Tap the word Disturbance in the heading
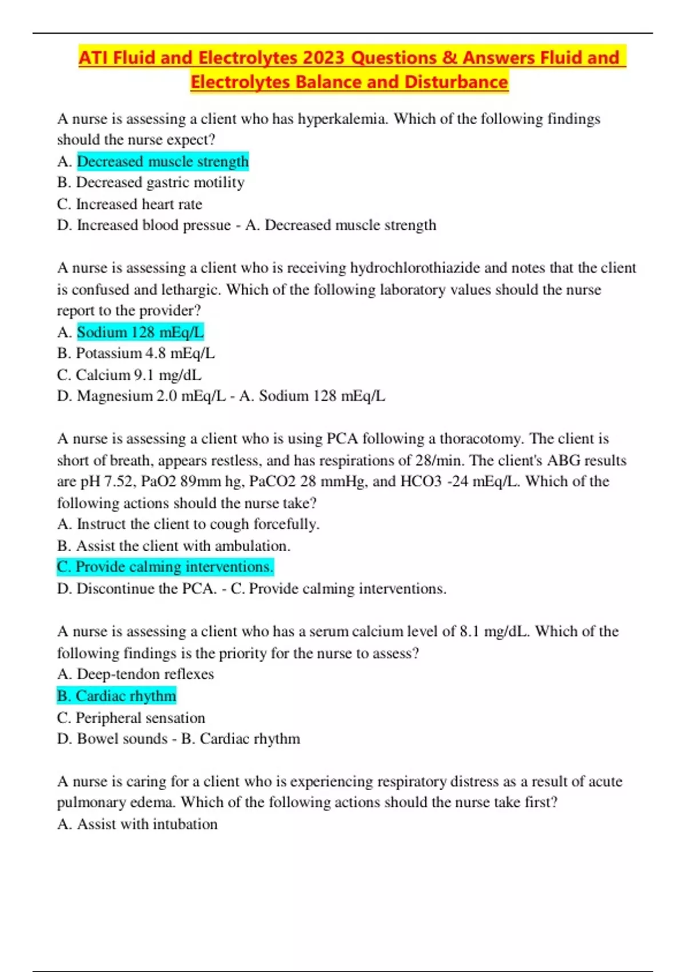point(456,82)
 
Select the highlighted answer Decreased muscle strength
point(162,162)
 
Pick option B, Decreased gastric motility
point(159,182)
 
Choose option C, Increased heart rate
point(138,204)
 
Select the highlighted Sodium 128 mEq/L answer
point(140,332)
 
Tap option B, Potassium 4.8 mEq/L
point(145,353)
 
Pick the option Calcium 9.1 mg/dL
point(138,375)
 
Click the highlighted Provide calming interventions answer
point(165,567)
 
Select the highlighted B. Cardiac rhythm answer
point(117,696)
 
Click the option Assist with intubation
point(147,824)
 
